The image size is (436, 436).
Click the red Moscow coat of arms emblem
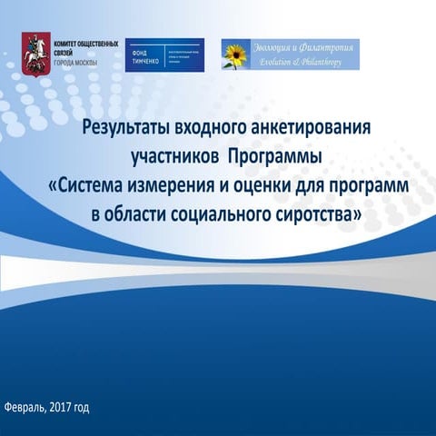coord(36,51)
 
